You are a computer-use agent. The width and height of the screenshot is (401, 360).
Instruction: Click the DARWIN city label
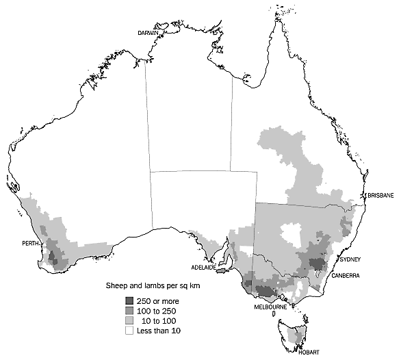coord(148,32)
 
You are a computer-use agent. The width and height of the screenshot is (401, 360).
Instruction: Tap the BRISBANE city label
coord(379,195)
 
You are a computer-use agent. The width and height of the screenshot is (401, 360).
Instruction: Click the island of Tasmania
coord(296,336)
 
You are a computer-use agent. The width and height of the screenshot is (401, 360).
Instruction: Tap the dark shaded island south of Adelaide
coord(222,270)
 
